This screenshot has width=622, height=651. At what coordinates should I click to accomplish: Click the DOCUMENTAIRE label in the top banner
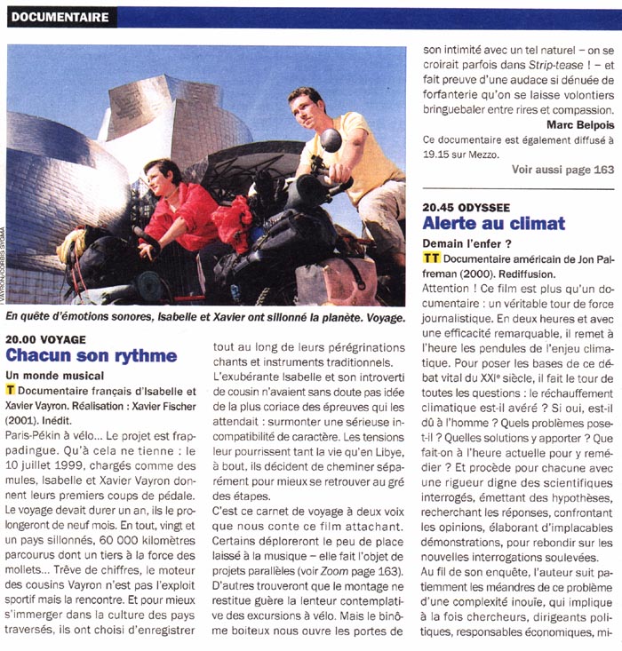point(61,17)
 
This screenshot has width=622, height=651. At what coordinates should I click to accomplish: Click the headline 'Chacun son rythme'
point(92,355)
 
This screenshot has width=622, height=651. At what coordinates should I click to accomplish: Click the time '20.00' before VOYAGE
point(25,338)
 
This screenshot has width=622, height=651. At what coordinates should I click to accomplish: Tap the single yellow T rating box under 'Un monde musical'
point(10,391)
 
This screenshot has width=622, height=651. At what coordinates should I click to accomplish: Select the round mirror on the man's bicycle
point(331,139)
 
